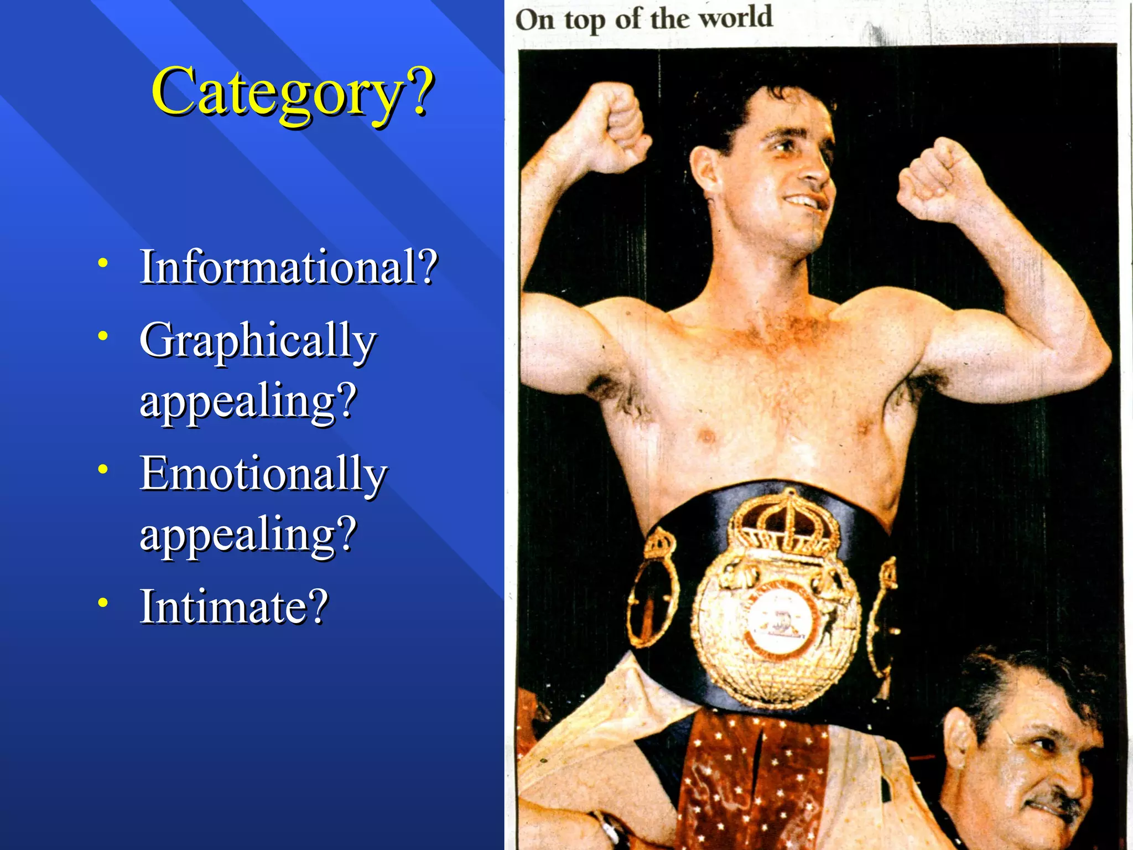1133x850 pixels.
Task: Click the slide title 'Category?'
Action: click(292, 91)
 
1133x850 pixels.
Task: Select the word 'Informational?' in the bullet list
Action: click(288, 267)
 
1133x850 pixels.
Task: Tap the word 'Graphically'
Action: click(258, 340)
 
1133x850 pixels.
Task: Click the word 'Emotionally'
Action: click(263, 474)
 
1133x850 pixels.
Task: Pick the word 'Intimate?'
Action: click(234, 607)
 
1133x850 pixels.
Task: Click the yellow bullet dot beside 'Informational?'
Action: click(103, 263)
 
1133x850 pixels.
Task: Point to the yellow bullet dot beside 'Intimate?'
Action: click(103, 603)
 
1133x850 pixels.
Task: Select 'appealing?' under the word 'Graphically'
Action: click(248, 401)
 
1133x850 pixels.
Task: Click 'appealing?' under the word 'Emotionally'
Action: click(248, 534)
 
